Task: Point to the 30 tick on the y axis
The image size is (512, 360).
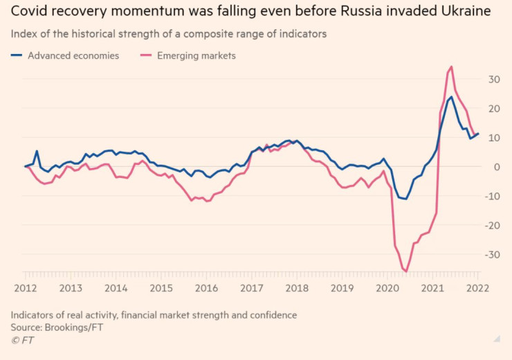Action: click(x=493, y=80)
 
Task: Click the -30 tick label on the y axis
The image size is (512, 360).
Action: click(x=491, y=255)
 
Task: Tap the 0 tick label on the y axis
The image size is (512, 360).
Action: click(x=495, y=167)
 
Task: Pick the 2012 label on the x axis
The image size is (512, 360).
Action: click(x=26, y=287)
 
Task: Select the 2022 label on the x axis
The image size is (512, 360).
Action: click(x=477, y=287)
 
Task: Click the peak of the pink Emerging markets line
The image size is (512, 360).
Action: click(x=451, y=67)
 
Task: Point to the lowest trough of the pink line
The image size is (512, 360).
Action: click(x=406, y=271)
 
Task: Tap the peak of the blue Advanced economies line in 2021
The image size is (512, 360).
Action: click(x=451, y=97)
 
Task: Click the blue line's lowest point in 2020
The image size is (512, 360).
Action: click(x=406, y=199)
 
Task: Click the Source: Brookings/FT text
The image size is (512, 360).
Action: click(x=57, y=327)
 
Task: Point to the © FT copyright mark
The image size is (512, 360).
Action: click(x=22, y=340)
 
